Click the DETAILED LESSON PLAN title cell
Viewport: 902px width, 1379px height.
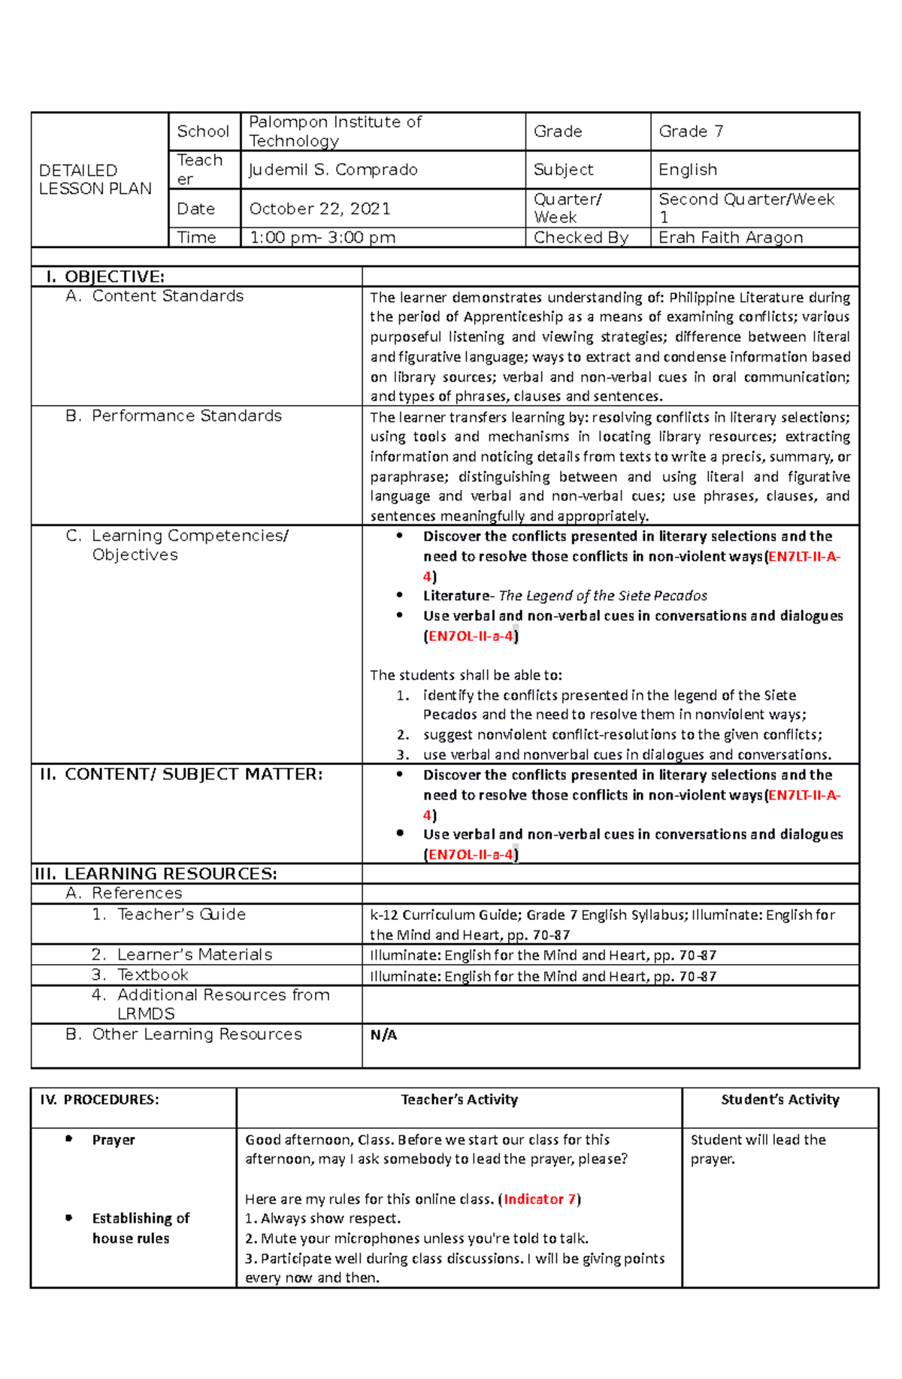tap(95, 180)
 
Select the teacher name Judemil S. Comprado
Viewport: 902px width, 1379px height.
tap(333, 170)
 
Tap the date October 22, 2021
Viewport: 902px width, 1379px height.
tap(319, 209)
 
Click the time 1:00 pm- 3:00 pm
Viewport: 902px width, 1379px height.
tap(322, 237)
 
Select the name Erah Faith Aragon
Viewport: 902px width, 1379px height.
tap(731, 237)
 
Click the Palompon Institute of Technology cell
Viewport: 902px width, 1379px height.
tap(334, 132)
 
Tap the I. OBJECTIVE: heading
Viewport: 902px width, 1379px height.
tap(105, 277)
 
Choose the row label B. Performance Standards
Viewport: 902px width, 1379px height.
tap(174, 416)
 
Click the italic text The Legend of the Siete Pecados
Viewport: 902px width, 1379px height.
tap(603, 596)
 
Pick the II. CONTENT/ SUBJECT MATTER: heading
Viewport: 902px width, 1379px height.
tap(181, 775)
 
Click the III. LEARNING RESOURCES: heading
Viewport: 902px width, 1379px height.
tap(156, 874)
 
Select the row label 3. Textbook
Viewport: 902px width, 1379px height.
tap(140, 975)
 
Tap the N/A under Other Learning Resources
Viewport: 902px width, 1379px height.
tap(383, 1035)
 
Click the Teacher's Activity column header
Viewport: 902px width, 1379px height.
tap(459, 1099)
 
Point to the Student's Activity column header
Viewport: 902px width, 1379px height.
tap(780, 1099)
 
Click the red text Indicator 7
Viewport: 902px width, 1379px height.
tap(539, 1199)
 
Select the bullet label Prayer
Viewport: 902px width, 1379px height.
tap(114, 1140)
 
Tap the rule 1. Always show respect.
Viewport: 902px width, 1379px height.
tap(323, 1218)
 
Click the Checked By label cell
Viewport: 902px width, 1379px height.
tap(580, 237)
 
